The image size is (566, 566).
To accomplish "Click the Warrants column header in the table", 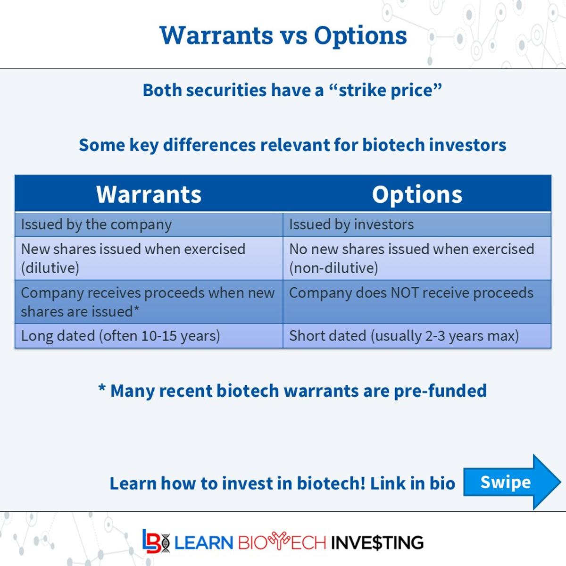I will tap(149, 194).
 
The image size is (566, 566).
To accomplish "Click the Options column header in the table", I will tap(417, 194).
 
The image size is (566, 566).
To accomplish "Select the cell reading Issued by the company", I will tap(96, 225).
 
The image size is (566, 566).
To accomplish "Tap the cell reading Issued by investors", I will tap(351, 225).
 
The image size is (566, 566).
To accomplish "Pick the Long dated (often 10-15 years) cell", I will tap(120, 336).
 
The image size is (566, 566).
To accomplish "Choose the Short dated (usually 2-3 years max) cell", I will tap(404, 336).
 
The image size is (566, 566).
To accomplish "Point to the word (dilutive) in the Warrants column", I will tap(50, 268).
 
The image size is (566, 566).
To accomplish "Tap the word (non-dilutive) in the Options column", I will tap(333, 268).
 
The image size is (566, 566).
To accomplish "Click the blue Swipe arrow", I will tap(509, 482).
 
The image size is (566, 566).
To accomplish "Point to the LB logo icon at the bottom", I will tap(156, 541).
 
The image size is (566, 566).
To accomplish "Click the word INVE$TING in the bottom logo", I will tap(377, 542).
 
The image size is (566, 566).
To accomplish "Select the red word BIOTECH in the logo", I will tap(282, 542).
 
